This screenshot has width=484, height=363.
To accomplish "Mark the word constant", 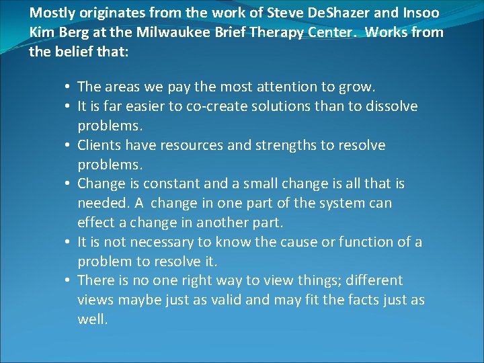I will pos(178,184).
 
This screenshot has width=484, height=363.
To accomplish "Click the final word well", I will pos(92,319).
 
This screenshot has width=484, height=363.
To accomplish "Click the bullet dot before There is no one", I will pos(69,280).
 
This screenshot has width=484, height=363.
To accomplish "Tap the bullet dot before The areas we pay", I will pos(69,87).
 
